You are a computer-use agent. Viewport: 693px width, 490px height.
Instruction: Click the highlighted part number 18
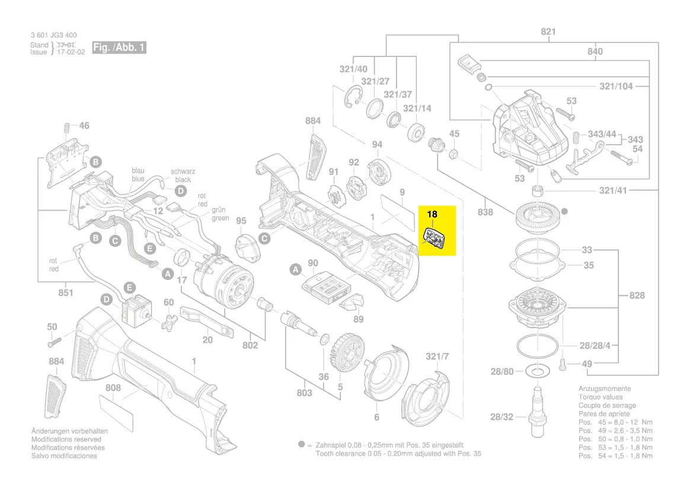[432, 214]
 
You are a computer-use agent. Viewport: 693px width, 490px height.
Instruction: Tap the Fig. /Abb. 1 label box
[119, 47]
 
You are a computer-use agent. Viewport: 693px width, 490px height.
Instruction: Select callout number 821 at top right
[548, 31]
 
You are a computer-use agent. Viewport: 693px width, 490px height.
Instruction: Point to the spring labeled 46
[66, 127]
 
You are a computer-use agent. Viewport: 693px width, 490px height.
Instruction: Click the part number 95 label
[241, 221]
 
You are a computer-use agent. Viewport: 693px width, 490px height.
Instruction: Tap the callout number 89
[358, 320]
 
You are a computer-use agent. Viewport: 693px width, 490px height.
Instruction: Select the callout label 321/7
[437, 356]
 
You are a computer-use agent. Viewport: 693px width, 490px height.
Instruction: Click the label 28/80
[502, 371]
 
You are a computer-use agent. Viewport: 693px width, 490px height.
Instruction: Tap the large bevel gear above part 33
[537, 217]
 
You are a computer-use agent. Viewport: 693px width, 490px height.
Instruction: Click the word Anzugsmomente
[605, 389]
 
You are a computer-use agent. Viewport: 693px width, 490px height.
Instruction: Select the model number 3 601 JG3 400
[53, 36]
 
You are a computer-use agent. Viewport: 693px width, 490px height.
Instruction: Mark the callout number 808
[113, 389]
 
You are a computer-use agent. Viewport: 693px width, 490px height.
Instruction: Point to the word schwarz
[183, 171]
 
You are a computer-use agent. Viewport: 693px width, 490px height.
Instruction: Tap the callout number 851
[66, 292]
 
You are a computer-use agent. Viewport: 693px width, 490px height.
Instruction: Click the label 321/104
[616, 86]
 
